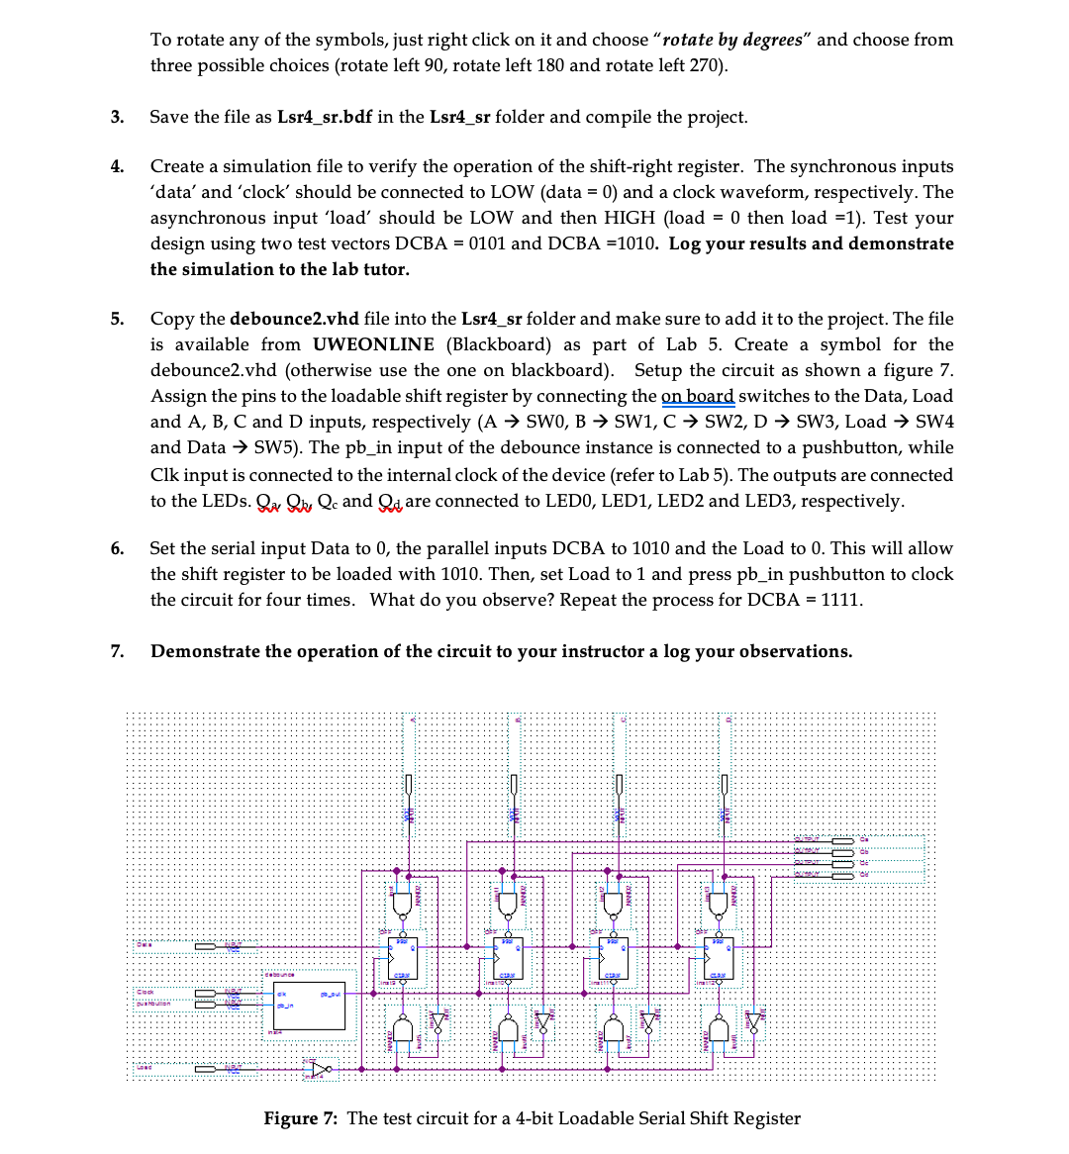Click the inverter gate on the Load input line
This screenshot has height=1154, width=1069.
click(319, 1069)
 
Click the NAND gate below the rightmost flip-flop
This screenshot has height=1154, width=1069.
click(719, 1029)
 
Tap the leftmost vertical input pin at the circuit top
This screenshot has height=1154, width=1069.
click(407, 784)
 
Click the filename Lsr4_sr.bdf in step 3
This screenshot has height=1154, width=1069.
click(324, 117)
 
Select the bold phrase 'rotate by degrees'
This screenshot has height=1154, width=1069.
click(732, 40)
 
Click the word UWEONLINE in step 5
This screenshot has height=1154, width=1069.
click(373, 344)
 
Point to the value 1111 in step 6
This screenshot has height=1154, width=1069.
click(839, 600)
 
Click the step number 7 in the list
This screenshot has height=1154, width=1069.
click(117, 651)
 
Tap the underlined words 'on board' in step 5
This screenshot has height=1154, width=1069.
click(697, 396)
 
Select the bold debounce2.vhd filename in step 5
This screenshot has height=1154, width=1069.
click(294, 319)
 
